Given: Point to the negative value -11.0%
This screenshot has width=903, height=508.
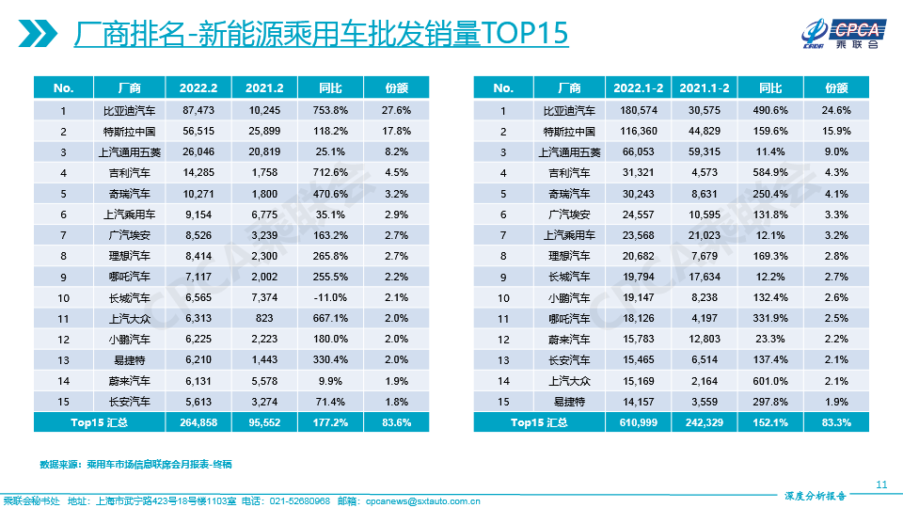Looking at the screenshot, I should pos(330,297).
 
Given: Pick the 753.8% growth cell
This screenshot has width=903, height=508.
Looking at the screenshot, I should pos(330,110).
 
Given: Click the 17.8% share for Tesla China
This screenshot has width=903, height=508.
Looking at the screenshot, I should pos(397,131).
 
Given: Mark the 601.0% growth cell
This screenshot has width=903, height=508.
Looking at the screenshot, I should pos(770,381).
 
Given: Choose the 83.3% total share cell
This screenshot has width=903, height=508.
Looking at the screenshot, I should pos(836,422).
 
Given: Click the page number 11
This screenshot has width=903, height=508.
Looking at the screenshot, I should pos(881,484).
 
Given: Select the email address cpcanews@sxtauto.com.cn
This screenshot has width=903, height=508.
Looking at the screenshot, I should pos(422,500).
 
